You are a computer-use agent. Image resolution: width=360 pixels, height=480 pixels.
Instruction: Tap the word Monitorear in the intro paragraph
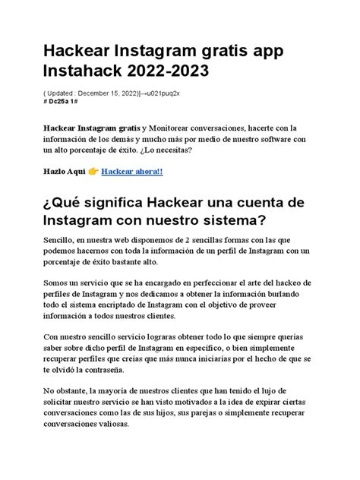[177, 124]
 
